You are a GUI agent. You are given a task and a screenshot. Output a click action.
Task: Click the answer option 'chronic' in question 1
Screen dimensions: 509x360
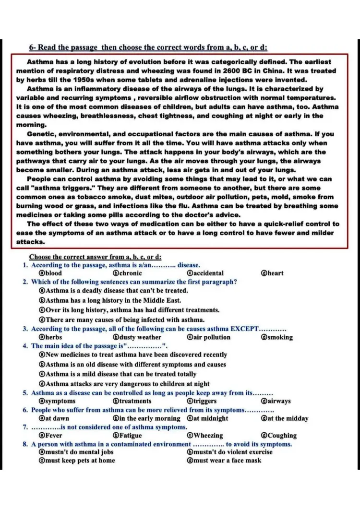coord(130,273)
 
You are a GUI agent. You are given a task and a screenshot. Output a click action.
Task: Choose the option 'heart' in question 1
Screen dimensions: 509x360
coord(276,273)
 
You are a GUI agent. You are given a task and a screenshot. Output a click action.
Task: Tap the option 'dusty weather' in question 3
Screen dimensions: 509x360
coord(140,337)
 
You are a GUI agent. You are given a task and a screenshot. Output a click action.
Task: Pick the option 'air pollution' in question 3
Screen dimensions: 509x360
coord(212,337)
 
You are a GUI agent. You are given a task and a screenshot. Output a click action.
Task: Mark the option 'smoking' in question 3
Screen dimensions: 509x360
coord(280,337)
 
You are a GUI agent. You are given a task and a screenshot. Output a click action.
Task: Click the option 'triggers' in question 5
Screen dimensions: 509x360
coord(204,401)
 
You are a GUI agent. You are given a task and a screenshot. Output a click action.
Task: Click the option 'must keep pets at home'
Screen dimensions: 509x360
coord(80,461)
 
